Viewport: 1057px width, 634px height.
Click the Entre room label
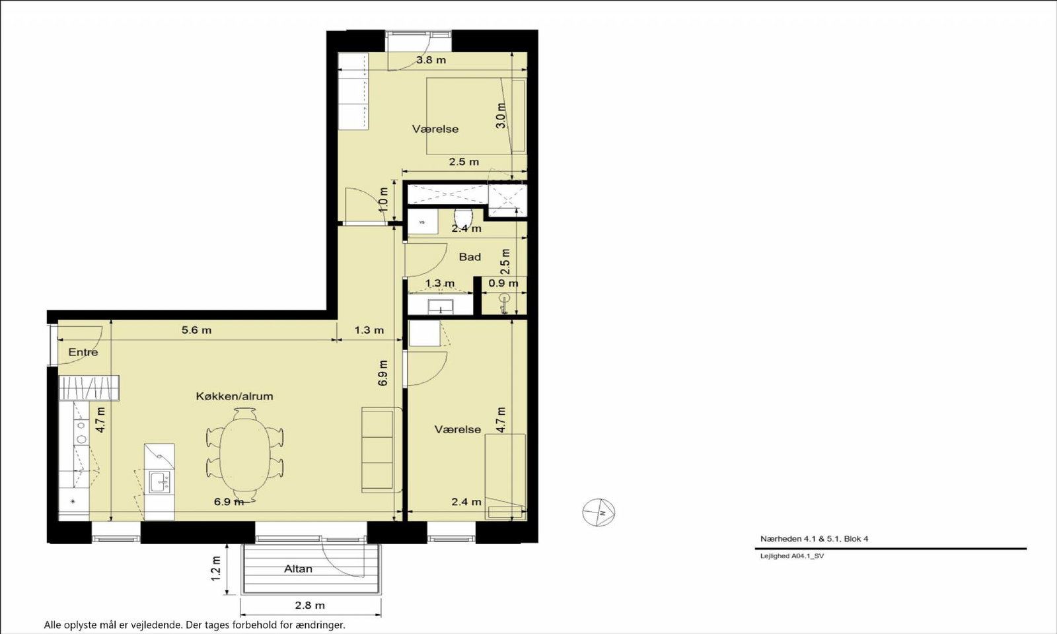[x=83, y=352]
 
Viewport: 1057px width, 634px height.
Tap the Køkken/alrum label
[x=235, y=396]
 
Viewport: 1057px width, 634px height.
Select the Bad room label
[x=470, y=257]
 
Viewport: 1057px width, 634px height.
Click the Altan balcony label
[x=298, y=569]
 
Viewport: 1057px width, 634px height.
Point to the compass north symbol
[x=599, y=512]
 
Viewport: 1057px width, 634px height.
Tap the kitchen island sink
[x=159, y=481]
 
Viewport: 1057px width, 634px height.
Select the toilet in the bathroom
[x=463, y=219]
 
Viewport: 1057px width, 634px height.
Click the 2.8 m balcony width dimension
[x=310, y=605]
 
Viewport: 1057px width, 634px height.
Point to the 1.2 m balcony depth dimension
[x=215, y=569]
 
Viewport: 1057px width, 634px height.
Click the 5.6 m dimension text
[x=197, y=330]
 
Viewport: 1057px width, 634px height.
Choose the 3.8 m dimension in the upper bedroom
[x=431, y=60]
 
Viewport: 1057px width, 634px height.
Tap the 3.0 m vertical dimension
[x=501, y=116]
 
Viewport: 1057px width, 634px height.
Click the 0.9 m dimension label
[x=503, y=283]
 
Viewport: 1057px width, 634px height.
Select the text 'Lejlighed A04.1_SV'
[x=792, y=555]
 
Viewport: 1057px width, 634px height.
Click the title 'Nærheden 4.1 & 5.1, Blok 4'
[x=814, y=539]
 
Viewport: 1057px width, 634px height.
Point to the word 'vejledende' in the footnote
[x=157, y=625]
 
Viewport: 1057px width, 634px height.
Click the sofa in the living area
[x=379, y=450]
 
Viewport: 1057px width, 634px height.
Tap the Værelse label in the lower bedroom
[x=458, y=429]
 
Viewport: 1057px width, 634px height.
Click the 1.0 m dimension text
[x=383, y=199]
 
